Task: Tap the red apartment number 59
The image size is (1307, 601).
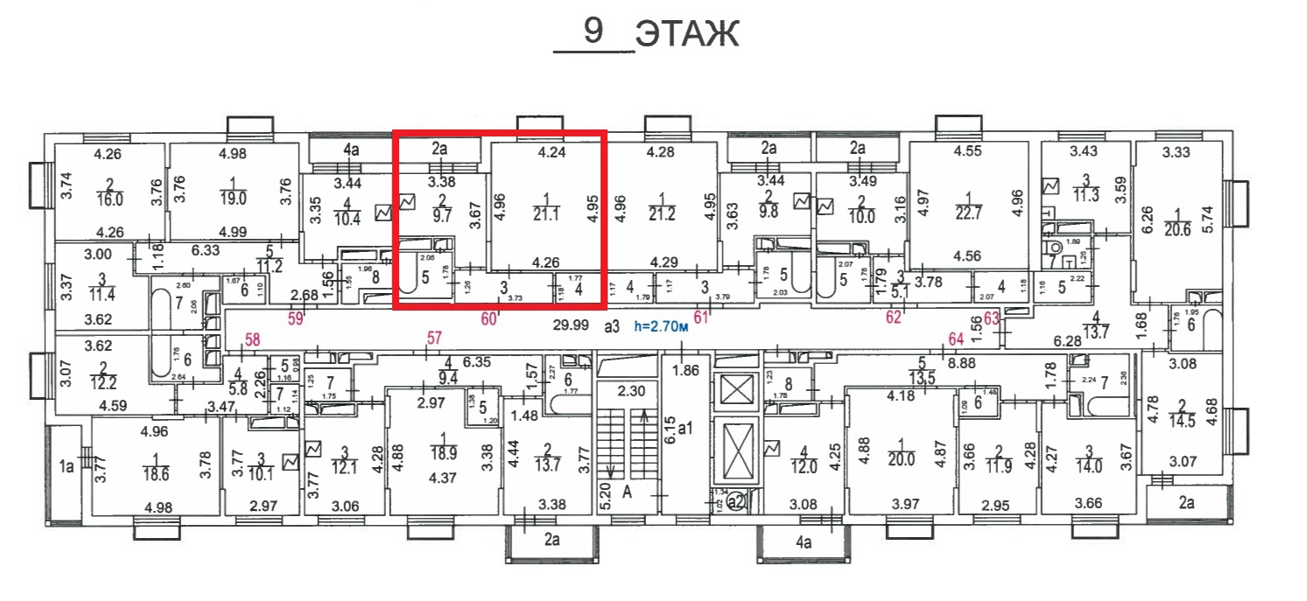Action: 296,319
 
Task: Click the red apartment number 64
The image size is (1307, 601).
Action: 958,339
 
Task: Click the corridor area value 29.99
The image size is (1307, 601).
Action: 569,326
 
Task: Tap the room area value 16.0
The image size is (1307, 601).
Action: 110,199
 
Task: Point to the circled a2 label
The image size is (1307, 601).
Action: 736,501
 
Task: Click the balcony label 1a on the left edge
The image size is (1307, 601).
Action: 67,466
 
